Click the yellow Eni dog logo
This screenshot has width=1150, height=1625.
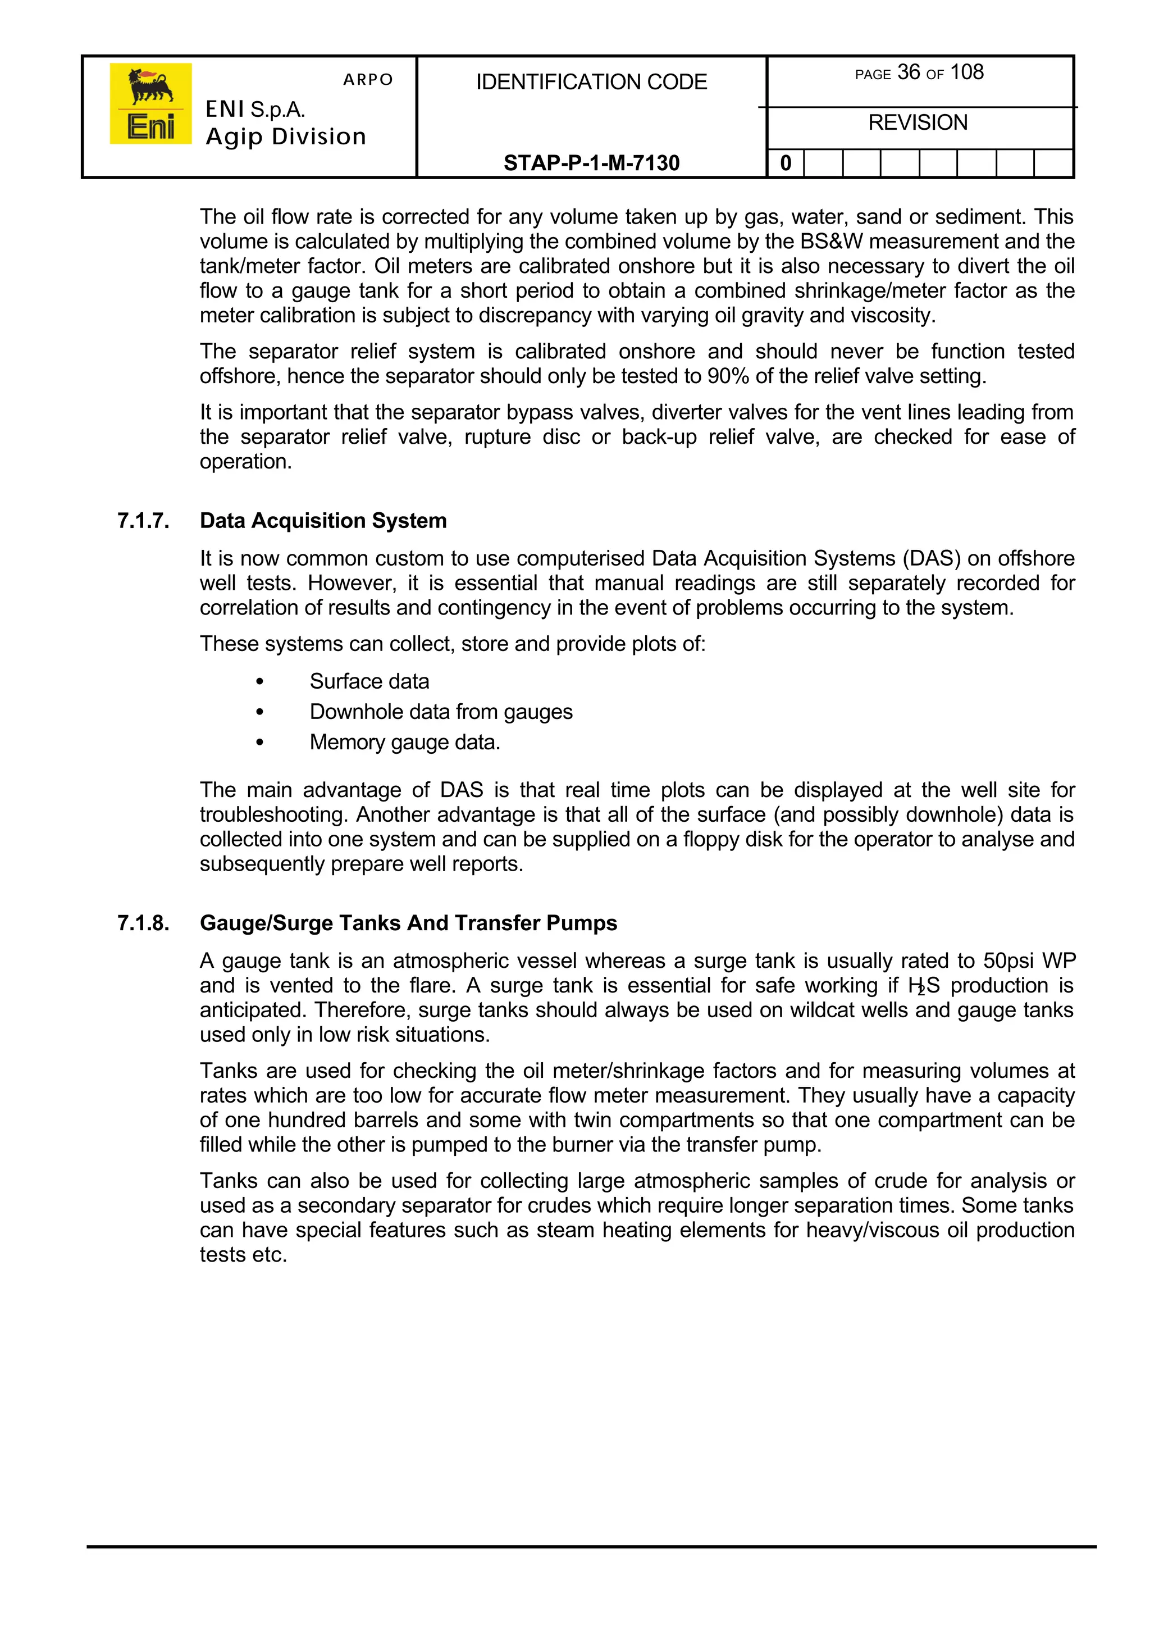click(150, 103)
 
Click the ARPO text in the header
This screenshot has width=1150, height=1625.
click(368, 79)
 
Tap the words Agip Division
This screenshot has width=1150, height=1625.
click(285, 136)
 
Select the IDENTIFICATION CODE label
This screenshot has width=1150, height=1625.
click(591, 82)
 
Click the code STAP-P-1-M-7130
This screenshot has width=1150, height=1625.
click(591, 163)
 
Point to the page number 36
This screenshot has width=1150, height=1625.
click(909, 72)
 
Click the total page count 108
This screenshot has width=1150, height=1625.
click(966, 72)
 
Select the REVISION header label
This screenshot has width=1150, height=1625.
click(918, 122)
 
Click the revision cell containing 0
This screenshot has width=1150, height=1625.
click(786, 163)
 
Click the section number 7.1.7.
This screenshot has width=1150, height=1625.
click(143, 521)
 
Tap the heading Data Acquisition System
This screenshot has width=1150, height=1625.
click(323, 521)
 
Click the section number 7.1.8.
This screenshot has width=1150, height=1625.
click(143, 923)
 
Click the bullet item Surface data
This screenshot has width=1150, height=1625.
click(369, 681)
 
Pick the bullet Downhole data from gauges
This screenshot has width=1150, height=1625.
click(440, 712)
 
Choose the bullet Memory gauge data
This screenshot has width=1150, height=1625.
click(404, 743)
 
